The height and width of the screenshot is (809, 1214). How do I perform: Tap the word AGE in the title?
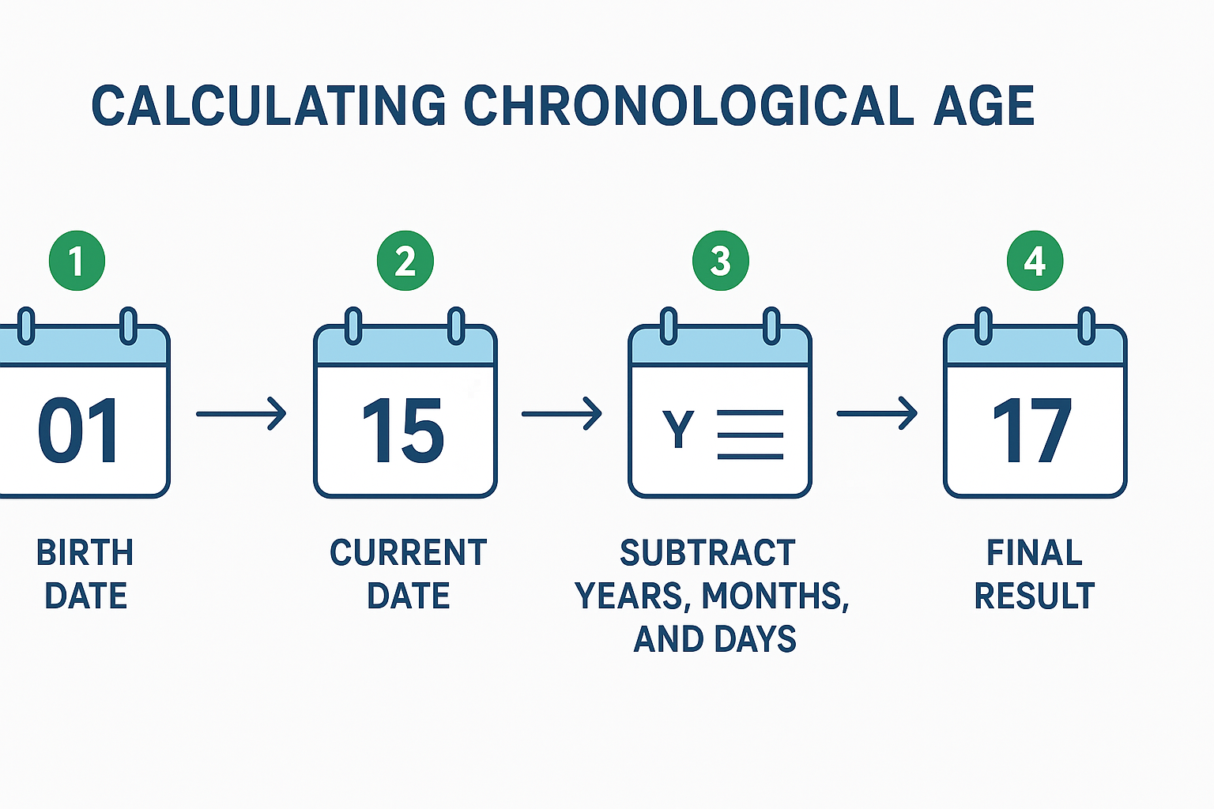pos(984,105)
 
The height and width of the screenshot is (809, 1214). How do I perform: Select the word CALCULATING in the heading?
pos(269,105)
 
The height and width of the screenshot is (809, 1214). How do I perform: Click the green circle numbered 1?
pos(77,261)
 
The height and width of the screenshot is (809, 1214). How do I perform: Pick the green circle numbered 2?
pos(405,261)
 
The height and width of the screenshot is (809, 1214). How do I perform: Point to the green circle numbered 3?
pos(721,261)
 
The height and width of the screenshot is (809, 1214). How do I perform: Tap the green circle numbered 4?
pos(1035,261)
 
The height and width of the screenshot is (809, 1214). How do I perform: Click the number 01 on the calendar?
pos(78,431)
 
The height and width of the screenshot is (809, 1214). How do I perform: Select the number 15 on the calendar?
pos(403,431)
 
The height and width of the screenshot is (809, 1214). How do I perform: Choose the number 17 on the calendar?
pos(1032,431)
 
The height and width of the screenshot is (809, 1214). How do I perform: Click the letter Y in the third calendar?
pos(678,429)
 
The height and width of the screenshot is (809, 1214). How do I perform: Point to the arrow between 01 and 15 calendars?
pos(241,414)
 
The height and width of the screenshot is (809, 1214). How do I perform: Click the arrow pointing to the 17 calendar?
pos(877,413)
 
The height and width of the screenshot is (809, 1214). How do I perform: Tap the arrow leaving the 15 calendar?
pos(561,414)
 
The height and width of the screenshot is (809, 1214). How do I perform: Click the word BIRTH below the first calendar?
pos(85,553)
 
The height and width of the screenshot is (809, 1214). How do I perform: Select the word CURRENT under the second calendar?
pos(409,553)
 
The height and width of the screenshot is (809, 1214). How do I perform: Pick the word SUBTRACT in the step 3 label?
pos(708,553)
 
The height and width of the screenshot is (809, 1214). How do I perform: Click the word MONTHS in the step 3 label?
pos(775,596)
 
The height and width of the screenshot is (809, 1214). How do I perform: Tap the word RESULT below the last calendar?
pos(1035,596)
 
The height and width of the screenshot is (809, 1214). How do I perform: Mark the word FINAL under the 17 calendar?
pos(1035,553)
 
